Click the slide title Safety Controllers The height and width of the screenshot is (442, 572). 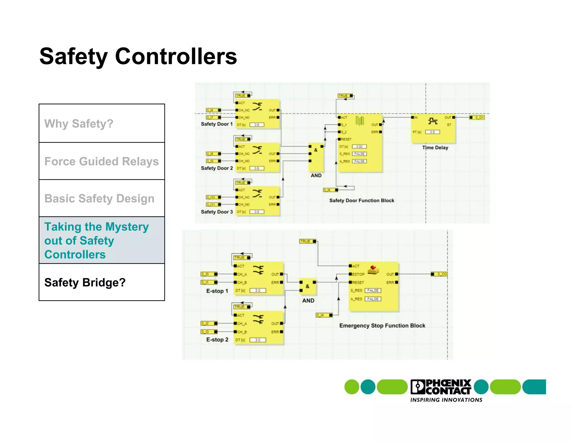[138, 56]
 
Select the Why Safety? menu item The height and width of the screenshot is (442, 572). [79, 123]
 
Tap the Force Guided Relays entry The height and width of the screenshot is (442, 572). [101, 161]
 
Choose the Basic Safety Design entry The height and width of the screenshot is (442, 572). [99, 199]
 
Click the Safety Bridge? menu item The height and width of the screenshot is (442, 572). [85, 282]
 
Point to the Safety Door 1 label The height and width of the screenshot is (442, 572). [217, 124]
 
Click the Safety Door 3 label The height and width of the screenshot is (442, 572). [217, 212]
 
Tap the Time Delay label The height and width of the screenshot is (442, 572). [435, 148]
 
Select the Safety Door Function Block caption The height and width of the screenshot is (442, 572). [362, 201]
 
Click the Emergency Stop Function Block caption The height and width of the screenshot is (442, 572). [382, 325]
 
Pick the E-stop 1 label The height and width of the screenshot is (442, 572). [217, 291]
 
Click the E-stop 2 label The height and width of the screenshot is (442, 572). [217, 340]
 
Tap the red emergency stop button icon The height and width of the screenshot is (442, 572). [373, 269]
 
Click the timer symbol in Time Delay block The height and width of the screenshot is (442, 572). [433, 121]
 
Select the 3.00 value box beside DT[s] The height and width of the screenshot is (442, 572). [359, 146]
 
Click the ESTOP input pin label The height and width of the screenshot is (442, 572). [358, 274]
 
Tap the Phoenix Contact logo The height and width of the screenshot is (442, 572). [441, 387]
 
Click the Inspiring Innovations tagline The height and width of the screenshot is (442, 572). [446, 400]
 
